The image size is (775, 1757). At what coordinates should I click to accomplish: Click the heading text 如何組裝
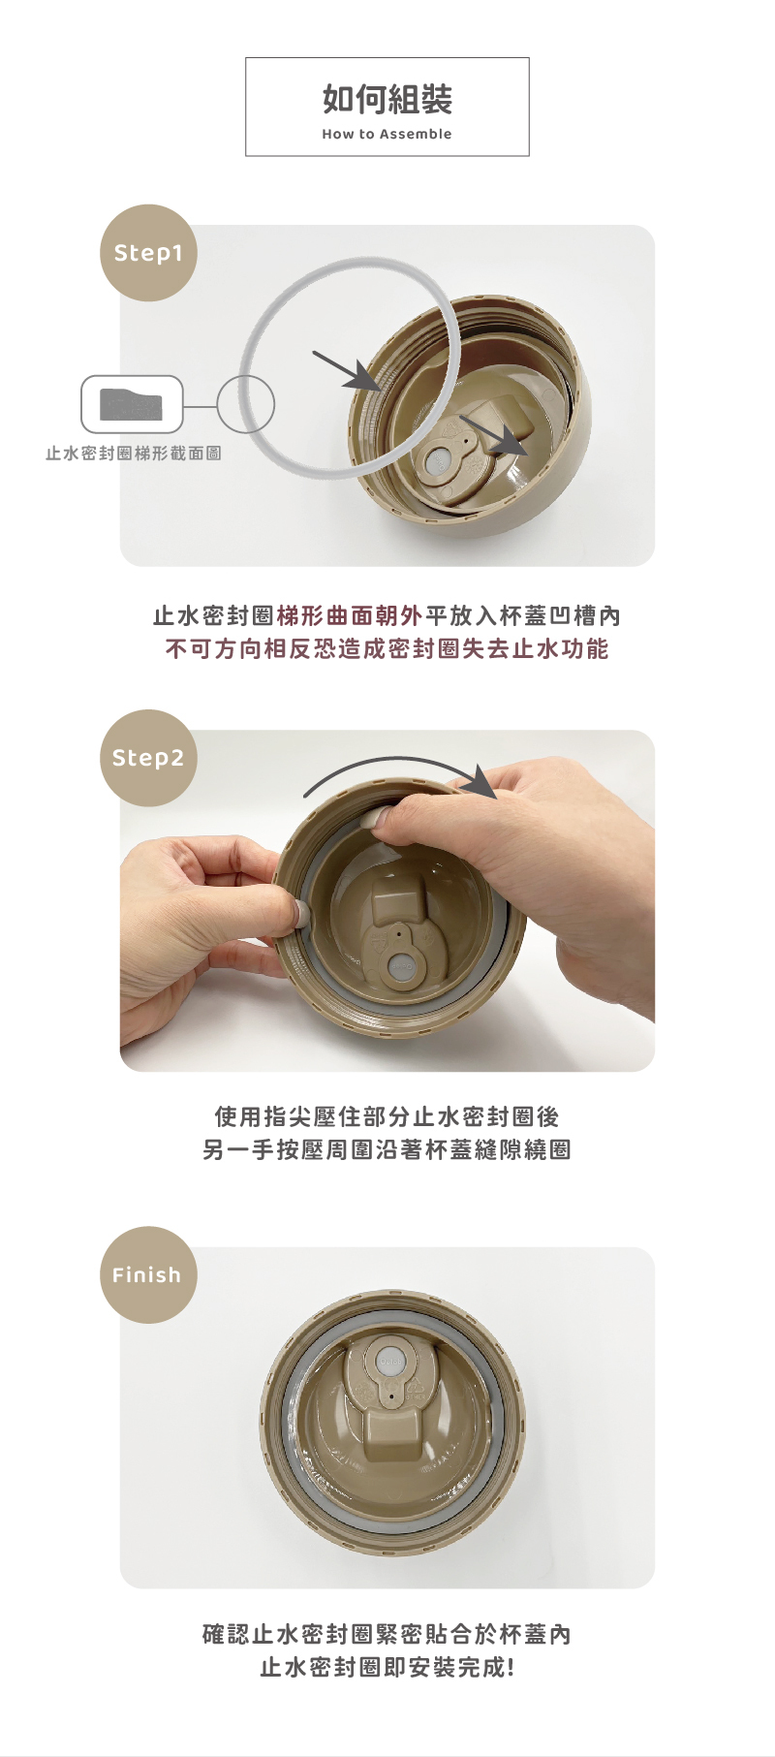click(x=387, y=99)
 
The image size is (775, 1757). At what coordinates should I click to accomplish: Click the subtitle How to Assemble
click(x=387, y=134)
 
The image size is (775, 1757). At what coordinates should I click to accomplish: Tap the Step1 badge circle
click(x=148, y=253)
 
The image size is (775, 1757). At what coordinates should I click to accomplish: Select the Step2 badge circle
click(x=148, y=758)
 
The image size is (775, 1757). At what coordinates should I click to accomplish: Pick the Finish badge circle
click(x=148, y=1275)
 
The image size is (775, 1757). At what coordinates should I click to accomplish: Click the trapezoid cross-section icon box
click(x=132, y=404)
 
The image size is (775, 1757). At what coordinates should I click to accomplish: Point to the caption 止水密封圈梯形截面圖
click(x=134, y=454)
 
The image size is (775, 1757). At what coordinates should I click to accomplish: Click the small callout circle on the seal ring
click(x=245, y=404)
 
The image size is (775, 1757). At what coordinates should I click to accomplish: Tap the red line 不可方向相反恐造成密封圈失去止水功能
click(x=387, y=648)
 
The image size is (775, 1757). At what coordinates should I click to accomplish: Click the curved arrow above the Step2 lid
click(x=397, y=760)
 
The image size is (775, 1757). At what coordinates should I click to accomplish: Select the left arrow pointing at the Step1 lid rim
click(x=347, y=371)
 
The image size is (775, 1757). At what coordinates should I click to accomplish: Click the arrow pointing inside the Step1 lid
click(x=494, y=435)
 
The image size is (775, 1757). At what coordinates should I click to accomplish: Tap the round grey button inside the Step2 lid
click(x=401, y=966)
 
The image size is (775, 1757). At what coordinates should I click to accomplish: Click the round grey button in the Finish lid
click(x=389, y=1359)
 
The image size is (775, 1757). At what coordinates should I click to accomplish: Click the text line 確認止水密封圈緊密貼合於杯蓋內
click(x=387, y=1634)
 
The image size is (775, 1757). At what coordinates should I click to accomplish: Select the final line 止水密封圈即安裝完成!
click(x=387, y=1667)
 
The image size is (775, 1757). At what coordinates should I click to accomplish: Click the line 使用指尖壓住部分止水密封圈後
click(x=387, y=1116)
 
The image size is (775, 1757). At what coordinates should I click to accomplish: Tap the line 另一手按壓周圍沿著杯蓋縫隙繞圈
click(x=387, y=1149)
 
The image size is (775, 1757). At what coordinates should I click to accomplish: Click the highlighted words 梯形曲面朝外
click(x=350, y=615)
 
